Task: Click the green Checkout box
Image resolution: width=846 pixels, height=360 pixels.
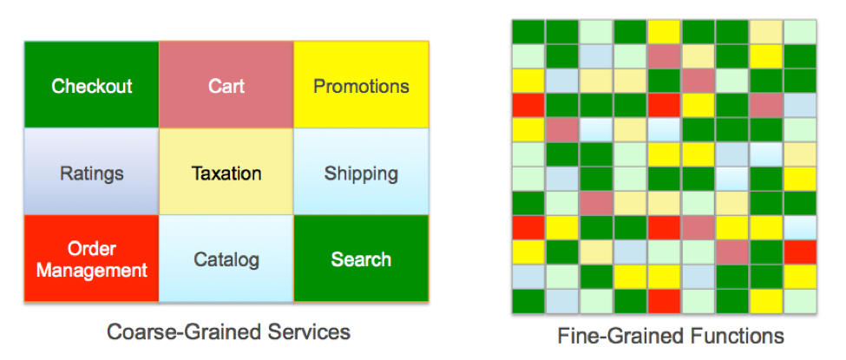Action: [x=91, y=86]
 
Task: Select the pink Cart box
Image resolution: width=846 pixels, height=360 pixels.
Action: [x=226, y=86]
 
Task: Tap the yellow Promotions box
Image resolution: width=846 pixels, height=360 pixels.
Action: [x=361, y=86]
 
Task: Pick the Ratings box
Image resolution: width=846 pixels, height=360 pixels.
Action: [x=91, y=173]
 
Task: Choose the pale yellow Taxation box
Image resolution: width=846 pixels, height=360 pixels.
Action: [x=226, y=173]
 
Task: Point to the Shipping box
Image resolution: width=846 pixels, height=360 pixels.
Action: [x=361, y=173]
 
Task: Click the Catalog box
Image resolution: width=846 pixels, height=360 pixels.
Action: [x=226, y=259]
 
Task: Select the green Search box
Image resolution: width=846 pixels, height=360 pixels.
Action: [x=361, y=259]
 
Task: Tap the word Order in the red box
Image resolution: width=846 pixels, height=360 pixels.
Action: [x=91, y=250]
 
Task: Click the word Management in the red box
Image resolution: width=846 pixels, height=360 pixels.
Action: [x=91, y=270]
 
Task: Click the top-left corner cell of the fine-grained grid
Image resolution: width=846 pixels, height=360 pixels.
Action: [x=528, y=31]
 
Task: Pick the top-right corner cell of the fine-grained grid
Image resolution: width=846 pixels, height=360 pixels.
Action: [x=799, y=31]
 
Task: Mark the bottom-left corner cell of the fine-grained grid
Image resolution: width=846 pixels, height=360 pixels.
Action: [x=528, y=301]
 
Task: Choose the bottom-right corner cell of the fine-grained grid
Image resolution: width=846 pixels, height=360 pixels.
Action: [x=799, y=301]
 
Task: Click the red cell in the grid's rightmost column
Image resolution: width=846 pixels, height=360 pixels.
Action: [x=799, y=252]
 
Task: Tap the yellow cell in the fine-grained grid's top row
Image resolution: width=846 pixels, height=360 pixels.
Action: [x=664, y=31]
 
